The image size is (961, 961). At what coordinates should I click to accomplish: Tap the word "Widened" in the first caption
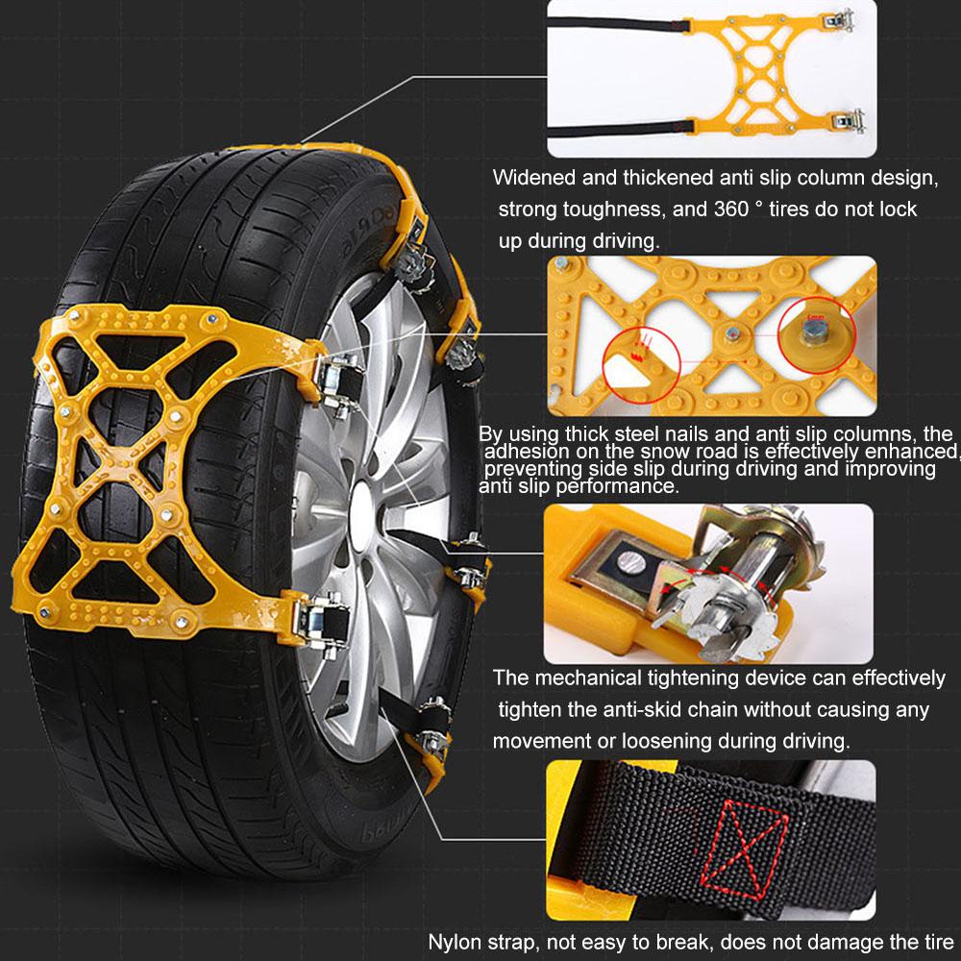pos(534,178)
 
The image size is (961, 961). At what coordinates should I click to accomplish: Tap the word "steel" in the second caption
pos(642,434)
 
